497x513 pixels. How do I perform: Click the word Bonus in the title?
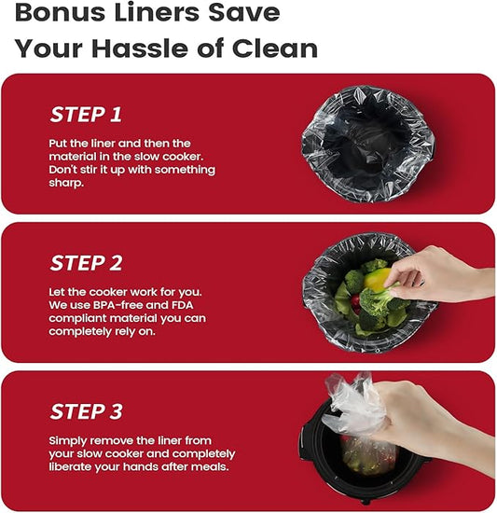(x=61, y=13)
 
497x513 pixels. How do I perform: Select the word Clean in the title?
(x=275, y=49)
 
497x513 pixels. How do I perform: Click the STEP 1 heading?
(x=86, y=115)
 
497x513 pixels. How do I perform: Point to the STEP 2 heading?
(x=87, y=263)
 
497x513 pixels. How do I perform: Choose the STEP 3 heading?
(x=87, y=411)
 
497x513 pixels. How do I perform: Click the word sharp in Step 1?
(x=65, y=183)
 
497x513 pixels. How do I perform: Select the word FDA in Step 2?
(x=182, y=305)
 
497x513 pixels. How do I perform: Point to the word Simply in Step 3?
(x=68, y=441)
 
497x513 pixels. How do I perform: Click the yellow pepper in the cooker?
(x=377, y=279)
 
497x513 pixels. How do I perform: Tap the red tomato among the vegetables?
(x=355, y=301)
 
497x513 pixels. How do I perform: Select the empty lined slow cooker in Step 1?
(x=368, y=144)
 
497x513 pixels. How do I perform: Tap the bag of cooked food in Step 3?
(x=367, y=455)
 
